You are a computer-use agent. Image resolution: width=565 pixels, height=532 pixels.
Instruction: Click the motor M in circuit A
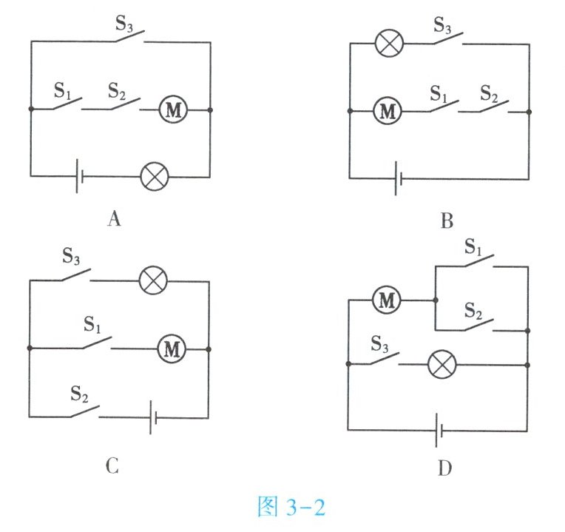(x=174, y=110)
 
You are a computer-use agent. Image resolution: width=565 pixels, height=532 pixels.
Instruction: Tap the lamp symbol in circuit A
(x=155, y=176)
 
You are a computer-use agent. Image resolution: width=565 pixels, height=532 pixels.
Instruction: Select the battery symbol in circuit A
(x=79, y=176)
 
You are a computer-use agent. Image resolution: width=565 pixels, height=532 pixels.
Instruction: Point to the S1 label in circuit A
(x=64, y=91)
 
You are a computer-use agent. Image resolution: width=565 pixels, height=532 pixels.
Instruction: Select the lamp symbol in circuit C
(x=154, y=280)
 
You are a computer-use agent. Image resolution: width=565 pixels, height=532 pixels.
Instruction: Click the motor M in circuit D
(x=385, y=300)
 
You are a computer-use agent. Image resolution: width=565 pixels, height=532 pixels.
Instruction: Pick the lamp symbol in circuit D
(x=442, y=363)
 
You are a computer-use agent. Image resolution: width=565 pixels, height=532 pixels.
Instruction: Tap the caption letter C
(x=112, y=467)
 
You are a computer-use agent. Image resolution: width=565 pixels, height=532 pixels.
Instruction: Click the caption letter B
(x=446, y=220)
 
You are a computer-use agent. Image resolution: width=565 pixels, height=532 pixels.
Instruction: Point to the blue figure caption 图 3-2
(x=291, y=508)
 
